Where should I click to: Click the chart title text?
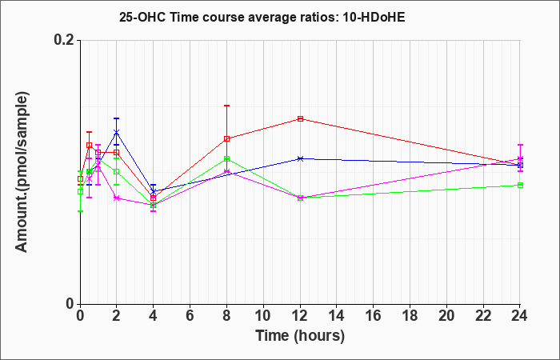tap(262, 17)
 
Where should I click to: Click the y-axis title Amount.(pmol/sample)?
tap(22, 172)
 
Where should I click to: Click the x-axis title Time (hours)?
tap(300, 336)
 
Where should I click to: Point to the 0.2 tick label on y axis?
tap(65, 40)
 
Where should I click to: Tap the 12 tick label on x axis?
tap(300, 316)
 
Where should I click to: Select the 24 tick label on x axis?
tap(520, 316)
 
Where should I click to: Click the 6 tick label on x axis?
tap(190, 316)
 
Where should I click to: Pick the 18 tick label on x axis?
tap(410, 316)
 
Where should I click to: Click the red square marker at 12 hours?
tap(300, 118)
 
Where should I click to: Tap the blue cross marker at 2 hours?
tap(117, 132)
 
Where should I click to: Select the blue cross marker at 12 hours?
tap(300, 158)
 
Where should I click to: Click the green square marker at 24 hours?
tap(520, 185)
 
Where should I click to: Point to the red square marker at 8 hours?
tap(226, 138)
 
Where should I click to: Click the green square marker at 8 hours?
tap(226, 158)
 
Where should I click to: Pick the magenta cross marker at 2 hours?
tap(117, 198)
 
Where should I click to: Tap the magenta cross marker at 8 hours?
tap(226, 172)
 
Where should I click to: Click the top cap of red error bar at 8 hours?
tap(226, 106)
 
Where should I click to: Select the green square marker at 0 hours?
tap(80, 191)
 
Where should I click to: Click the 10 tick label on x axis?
tap(263, 316)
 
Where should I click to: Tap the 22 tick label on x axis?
tap(483, 316)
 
